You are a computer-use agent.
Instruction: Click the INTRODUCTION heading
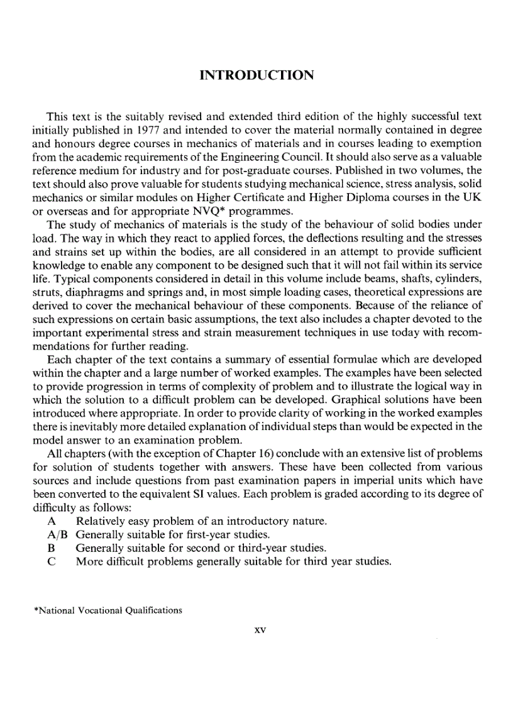tap(256, 76)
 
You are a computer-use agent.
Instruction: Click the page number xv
tap(256, 629)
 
